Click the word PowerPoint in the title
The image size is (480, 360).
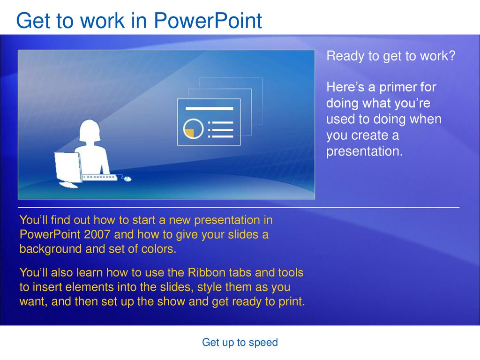[208, 21]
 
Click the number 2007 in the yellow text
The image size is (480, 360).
[97, 234]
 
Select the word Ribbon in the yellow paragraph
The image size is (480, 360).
[204, 272]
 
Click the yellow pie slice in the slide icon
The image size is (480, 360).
[189, 133]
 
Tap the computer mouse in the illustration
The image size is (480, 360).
[127, 179]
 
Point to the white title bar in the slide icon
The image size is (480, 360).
[210, 108]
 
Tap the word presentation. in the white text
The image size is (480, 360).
[364, 151]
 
